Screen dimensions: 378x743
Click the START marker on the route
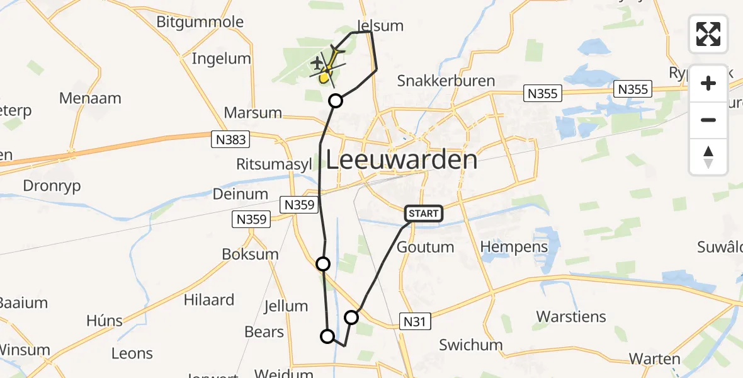tap(423, 214)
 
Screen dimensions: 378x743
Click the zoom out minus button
tap(708, 120)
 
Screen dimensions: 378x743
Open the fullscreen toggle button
tap(708, 34)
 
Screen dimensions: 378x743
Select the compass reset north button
tap(708, 156)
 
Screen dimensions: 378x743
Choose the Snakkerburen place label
tap(446, 81)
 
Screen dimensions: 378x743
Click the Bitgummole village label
tap(200, 22)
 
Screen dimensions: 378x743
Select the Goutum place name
tap(426, 247)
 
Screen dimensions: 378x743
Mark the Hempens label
tap(514, 246)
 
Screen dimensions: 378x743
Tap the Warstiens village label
tap(571, 316)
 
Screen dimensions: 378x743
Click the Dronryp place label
tap(52, 186)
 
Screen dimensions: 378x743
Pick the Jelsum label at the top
tap(380, 25)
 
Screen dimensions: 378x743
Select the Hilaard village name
tap(209, 299)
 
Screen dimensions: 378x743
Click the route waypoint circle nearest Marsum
tap(336, 101)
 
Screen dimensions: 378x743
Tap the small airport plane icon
tap(317, 63)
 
